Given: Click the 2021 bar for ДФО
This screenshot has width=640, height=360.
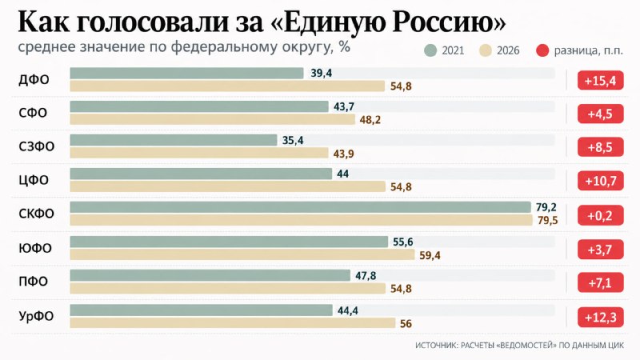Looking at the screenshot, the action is pos(186,73).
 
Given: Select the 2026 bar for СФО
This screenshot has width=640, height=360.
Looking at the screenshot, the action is pos(212,119).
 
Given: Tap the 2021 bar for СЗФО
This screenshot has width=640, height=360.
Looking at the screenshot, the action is pos(174,140).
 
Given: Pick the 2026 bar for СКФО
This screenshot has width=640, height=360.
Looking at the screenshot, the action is pos(302,221).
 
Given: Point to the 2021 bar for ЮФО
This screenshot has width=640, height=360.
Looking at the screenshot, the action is pos(229,242).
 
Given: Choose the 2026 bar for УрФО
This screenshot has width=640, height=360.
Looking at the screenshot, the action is pos(233,323).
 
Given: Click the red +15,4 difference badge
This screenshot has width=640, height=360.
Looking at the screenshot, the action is pos(601,81).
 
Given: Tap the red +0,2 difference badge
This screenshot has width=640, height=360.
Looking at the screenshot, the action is pos(601,215).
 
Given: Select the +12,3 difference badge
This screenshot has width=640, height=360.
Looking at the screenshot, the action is pos(601,317).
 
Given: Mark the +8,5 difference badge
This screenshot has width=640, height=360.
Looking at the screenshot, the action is pos(601,147).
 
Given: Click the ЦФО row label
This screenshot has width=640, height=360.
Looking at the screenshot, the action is pos(34,180).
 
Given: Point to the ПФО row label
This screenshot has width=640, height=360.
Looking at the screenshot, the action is pos(33,282).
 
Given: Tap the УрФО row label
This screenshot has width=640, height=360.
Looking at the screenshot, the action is pos(36,316).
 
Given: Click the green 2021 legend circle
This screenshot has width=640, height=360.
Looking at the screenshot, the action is pos(430,50).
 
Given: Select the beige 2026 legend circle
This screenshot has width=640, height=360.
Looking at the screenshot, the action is pos(486,50).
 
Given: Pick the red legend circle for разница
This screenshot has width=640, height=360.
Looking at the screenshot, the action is pos(542,50).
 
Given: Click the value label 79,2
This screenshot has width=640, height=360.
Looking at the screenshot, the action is pos(546,207).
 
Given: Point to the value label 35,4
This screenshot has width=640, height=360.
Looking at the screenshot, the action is pos(293,141).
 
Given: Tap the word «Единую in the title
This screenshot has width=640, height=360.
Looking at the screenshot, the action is pos(328,22).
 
